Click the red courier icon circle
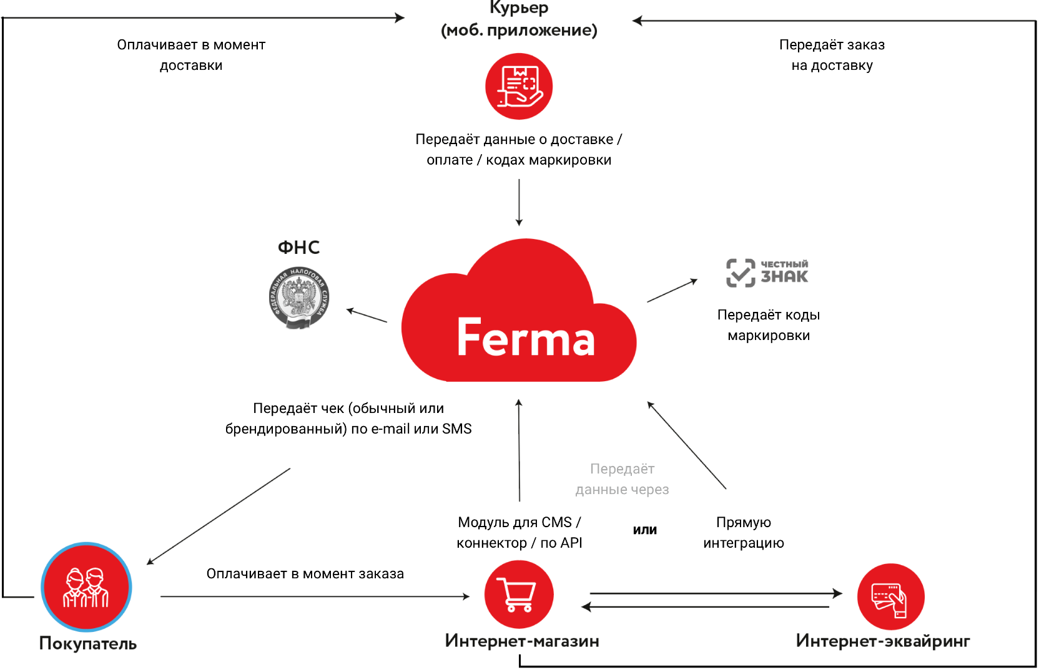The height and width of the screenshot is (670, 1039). [519, 86]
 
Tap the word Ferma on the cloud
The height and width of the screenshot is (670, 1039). [526, 337]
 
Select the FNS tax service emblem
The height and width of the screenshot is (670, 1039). [298, 298]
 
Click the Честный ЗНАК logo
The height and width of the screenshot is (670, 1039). [767, 273]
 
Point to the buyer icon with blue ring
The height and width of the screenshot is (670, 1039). [86, 587]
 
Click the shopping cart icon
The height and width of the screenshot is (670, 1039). [518, 594]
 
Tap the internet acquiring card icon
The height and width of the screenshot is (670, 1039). [890, 597]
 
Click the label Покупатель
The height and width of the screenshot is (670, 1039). [88, 643]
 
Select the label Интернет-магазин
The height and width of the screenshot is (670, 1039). [522, 641]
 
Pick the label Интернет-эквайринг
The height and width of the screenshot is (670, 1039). [883, 641]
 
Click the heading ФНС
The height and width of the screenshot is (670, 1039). [298, 248]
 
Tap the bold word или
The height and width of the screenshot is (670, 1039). [645, 530]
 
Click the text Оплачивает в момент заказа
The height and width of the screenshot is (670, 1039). [305, 574]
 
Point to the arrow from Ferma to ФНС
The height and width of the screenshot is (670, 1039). [367, 316]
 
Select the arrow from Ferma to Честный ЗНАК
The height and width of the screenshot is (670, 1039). [672, 291]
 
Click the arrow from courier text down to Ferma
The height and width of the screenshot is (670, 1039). [519, 203]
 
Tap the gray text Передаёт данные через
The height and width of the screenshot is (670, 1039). [622, 479]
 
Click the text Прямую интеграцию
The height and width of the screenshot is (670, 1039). [744, 533]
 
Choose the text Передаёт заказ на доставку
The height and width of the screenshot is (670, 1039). [832, 55]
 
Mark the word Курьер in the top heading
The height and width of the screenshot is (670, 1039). [519, 8]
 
